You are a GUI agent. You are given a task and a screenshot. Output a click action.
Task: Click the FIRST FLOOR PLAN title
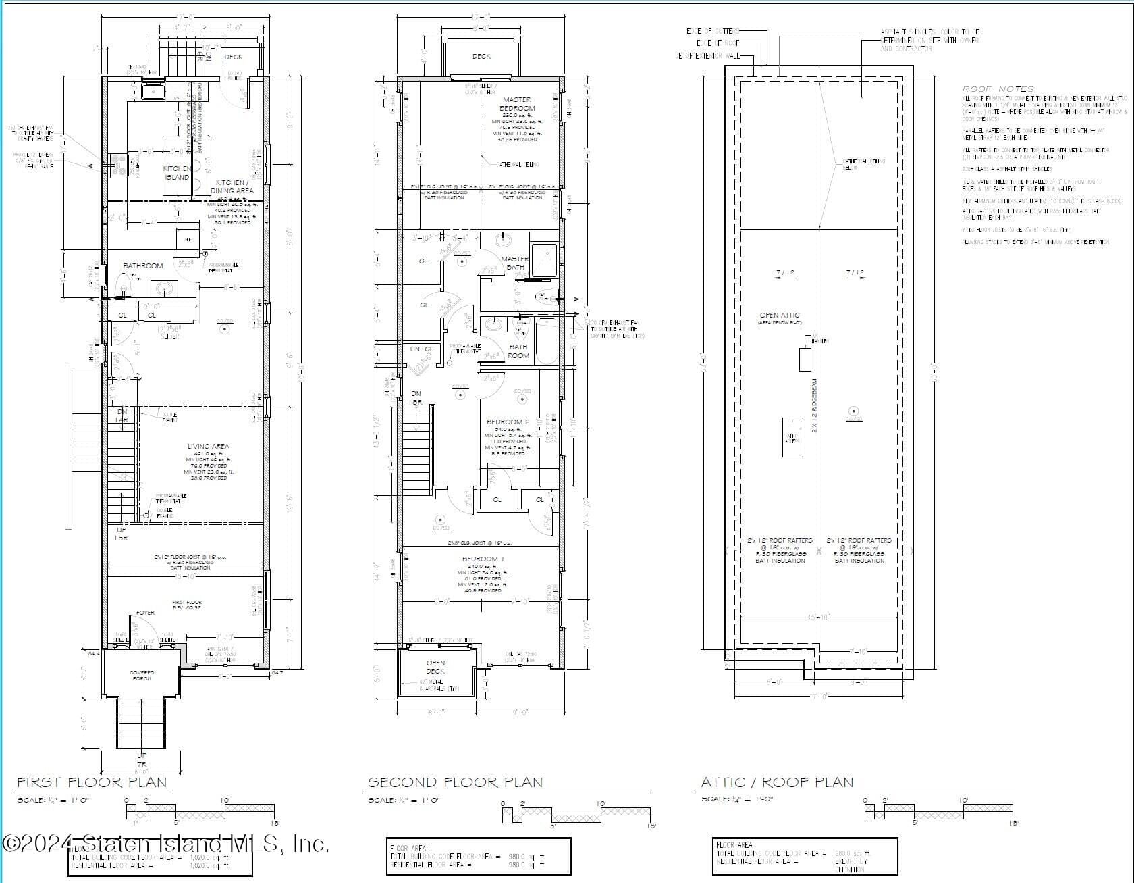pos(91,782)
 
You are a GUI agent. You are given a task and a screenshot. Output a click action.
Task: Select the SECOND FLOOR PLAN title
pos(455,782)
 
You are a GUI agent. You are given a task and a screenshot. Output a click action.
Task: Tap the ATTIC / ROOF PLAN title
pos(777,782)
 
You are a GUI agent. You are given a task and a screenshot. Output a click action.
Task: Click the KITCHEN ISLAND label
pos(177,173)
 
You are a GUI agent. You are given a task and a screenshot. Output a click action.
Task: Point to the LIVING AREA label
pos(208,447)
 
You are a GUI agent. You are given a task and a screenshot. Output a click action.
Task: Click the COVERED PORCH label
pos(142,676)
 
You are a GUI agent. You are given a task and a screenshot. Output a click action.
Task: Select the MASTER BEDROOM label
pos(517,104)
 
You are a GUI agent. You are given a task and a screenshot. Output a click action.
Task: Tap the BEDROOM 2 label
pos(508,422)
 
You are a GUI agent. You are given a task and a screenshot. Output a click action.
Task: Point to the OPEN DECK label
pos(435,667)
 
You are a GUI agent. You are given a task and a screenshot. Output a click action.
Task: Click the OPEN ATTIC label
pos(779,316)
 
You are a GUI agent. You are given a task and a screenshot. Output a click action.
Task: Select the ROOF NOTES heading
pos(997,89)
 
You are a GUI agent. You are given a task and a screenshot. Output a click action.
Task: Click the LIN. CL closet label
pos(421,349)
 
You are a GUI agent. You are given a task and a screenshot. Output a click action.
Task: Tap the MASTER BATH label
pos(515,263)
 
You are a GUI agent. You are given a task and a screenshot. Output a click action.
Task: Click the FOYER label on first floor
pos(145,613)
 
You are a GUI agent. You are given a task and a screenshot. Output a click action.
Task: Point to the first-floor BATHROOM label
pos(143,266)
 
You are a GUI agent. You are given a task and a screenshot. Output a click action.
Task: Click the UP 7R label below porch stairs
pos(141,759)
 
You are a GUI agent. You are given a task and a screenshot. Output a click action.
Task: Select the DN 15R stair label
pos(416,398)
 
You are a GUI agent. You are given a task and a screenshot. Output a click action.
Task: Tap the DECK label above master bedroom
pos(481,57)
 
